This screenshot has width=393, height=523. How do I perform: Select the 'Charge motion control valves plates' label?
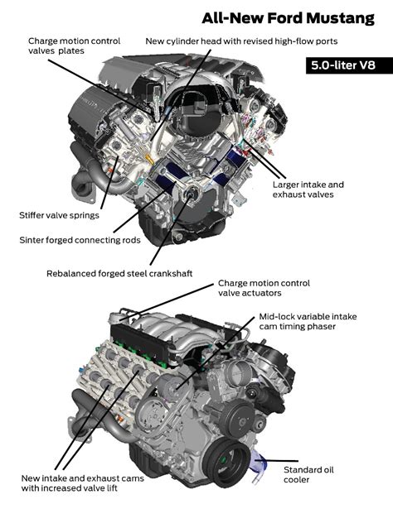click(74, 46)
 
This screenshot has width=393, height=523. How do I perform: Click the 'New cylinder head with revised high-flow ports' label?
click(241, 41)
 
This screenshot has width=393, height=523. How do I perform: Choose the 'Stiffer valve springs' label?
click(59, 215)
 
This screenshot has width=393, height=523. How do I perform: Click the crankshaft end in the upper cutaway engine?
click(192, 195)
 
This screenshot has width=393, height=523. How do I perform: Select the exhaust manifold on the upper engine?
click(87, 170)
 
